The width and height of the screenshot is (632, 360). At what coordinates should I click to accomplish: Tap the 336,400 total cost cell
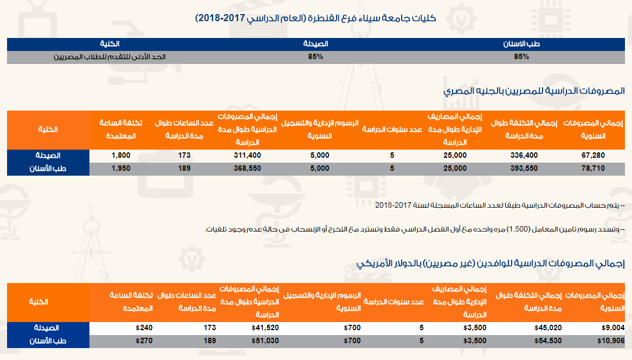coord(524,155)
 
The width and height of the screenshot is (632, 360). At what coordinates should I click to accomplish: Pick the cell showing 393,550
coord(524,169)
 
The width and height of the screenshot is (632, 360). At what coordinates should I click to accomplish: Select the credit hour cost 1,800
coord(121,155)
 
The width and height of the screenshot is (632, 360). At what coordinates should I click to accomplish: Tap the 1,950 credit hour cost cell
coord(121,169)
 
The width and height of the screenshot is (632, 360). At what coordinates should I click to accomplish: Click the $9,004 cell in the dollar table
coord(614,328)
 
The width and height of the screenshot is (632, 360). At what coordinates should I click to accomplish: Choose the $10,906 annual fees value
coord(612,341)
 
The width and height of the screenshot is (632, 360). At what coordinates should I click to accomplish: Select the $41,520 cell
coord(265,328)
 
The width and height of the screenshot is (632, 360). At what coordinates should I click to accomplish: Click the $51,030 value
coord(265,341)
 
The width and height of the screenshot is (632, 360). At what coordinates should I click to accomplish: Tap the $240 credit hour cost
coord(145,328)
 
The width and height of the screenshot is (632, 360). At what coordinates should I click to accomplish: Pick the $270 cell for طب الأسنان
coord(145,341)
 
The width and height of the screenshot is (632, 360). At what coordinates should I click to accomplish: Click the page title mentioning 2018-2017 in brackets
coord(315,18)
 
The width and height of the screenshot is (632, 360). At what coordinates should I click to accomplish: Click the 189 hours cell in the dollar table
coord(209,341)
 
